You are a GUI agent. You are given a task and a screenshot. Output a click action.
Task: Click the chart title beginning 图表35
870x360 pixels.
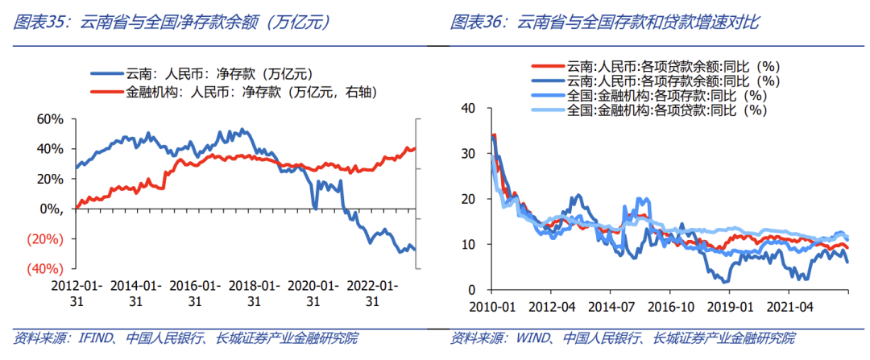tap(173, 23)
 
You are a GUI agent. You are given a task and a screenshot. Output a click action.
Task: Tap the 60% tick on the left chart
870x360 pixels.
tap(50, 119)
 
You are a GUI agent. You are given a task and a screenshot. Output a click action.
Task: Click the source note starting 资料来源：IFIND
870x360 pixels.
tap(186, 337)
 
